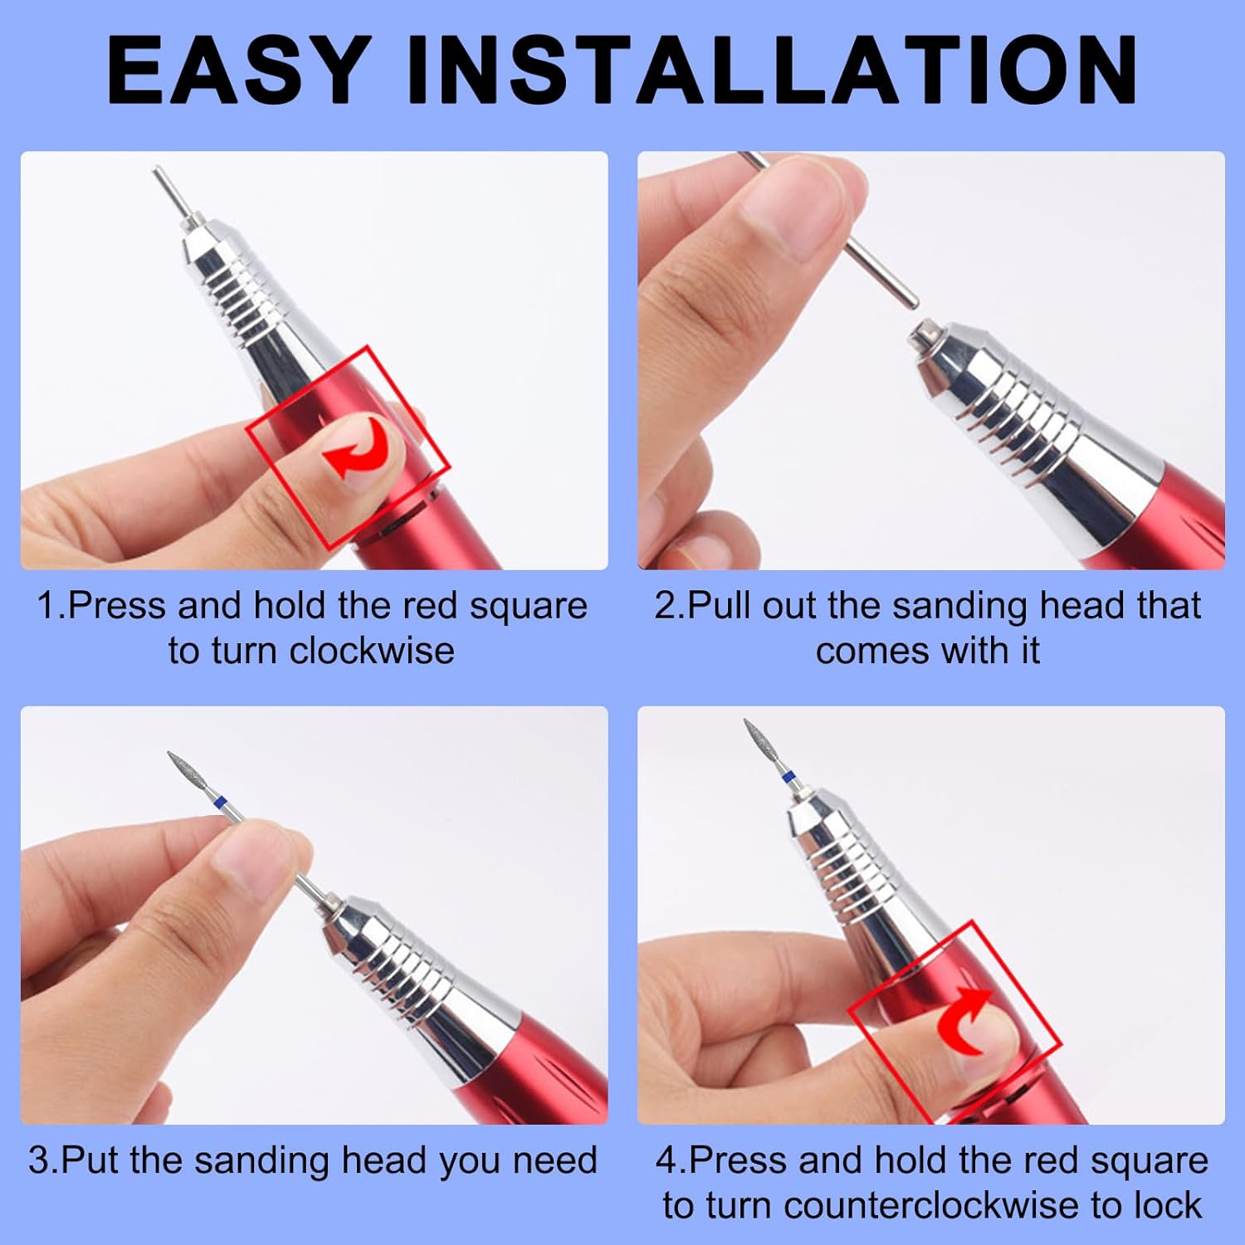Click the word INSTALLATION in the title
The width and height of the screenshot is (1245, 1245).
(771, 70)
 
